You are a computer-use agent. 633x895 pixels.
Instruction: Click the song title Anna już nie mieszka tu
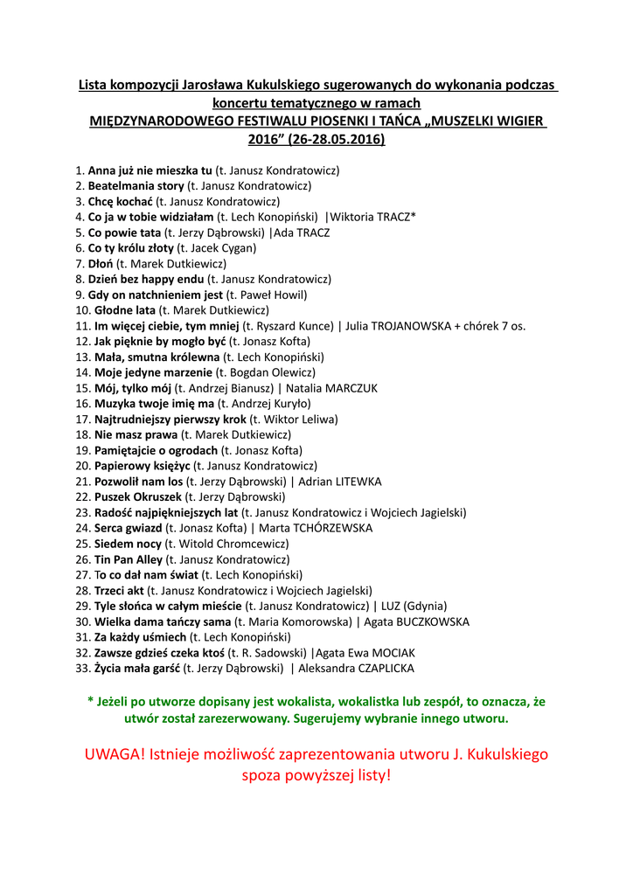(150, 170)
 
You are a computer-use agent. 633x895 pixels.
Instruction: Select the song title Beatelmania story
(136, 186)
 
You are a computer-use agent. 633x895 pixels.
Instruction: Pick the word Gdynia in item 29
(423, 606)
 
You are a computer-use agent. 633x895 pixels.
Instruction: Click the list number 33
(82, 669)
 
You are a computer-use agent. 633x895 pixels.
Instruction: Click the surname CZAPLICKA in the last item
(381, 669)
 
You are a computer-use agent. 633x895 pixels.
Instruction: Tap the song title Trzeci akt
(119, 591)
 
